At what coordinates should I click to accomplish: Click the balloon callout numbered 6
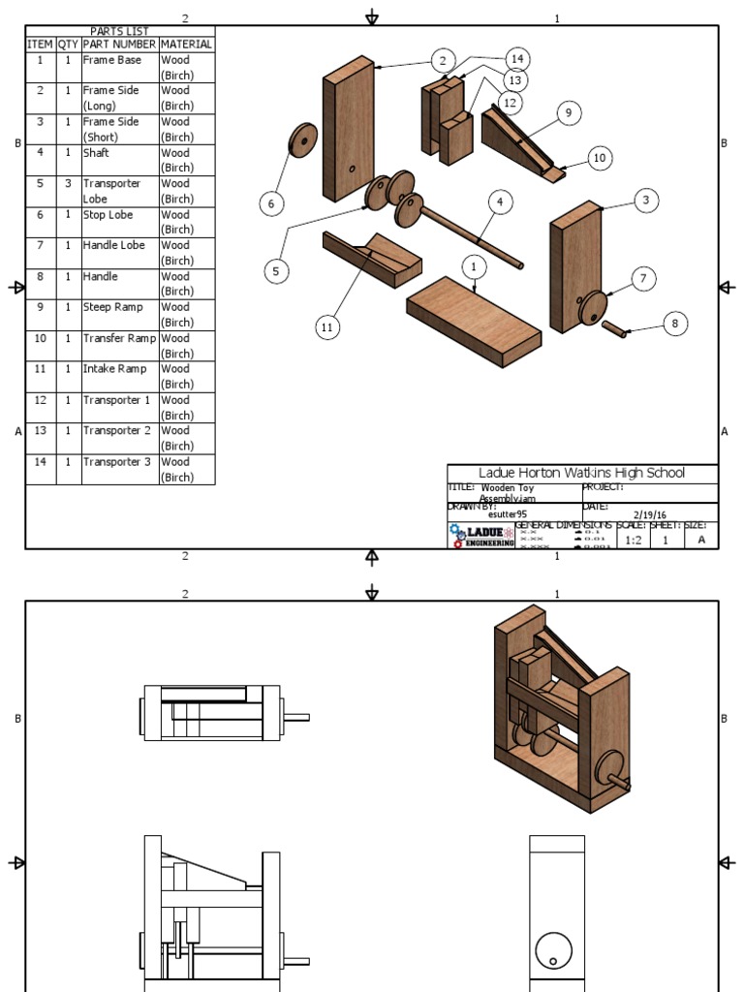(271, 203)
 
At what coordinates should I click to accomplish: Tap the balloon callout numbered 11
(326, 328)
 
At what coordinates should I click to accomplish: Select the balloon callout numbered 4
(500, 202)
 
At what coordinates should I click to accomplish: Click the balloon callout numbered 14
(515, 57)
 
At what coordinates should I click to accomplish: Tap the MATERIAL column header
(186, 45)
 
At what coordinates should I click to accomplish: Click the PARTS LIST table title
(119, 31)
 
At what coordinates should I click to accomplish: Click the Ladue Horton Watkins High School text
(581, 473)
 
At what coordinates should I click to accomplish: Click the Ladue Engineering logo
(481, 536)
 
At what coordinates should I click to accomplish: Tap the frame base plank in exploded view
(474, 319)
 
